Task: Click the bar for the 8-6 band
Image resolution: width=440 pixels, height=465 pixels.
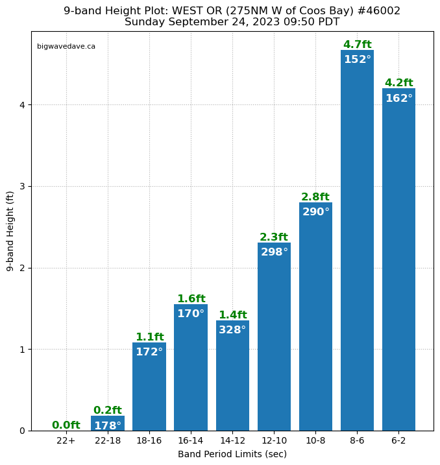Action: coord(357,246)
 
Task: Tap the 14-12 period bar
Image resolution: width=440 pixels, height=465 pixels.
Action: coord(232,383)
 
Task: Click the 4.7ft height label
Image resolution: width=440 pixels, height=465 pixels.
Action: coord(357,45)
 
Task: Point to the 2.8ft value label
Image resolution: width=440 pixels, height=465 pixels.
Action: coord(315,197)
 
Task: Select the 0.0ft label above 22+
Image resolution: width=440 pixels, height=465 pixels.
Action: coord(66,425)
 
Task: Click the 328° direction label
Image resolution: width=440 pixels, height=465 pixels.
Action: coord(232,330)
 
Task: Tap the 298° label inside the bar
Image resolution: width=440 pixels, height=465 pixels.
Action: coord(274,252)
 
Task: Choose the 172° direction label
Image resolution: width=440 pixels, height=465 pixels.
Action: coord(149,352)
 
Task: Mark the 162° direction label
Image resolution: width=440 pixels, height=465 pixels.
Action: coord(398,99)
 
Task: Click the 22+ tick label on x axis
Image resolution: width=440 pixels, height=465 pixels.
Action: coord(66,440)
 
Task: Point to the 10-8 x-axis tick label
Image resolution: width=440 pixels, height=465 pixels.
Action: coord(315,440)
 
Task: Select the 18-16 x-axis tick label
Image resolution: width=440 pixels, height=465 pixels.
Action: coord(149,440)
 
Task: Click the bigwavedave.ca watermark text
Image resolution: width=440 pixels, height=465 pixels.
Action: coord(66,47)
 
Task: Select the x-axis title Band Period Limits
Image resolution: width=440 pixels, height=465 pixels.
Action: coord(232,454)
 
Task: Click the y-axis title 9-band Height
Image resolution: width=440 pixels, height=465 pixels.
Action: coord(10,231)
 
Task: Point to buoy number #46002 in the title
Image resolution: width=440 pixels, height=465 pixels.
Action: coord(380,11)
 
